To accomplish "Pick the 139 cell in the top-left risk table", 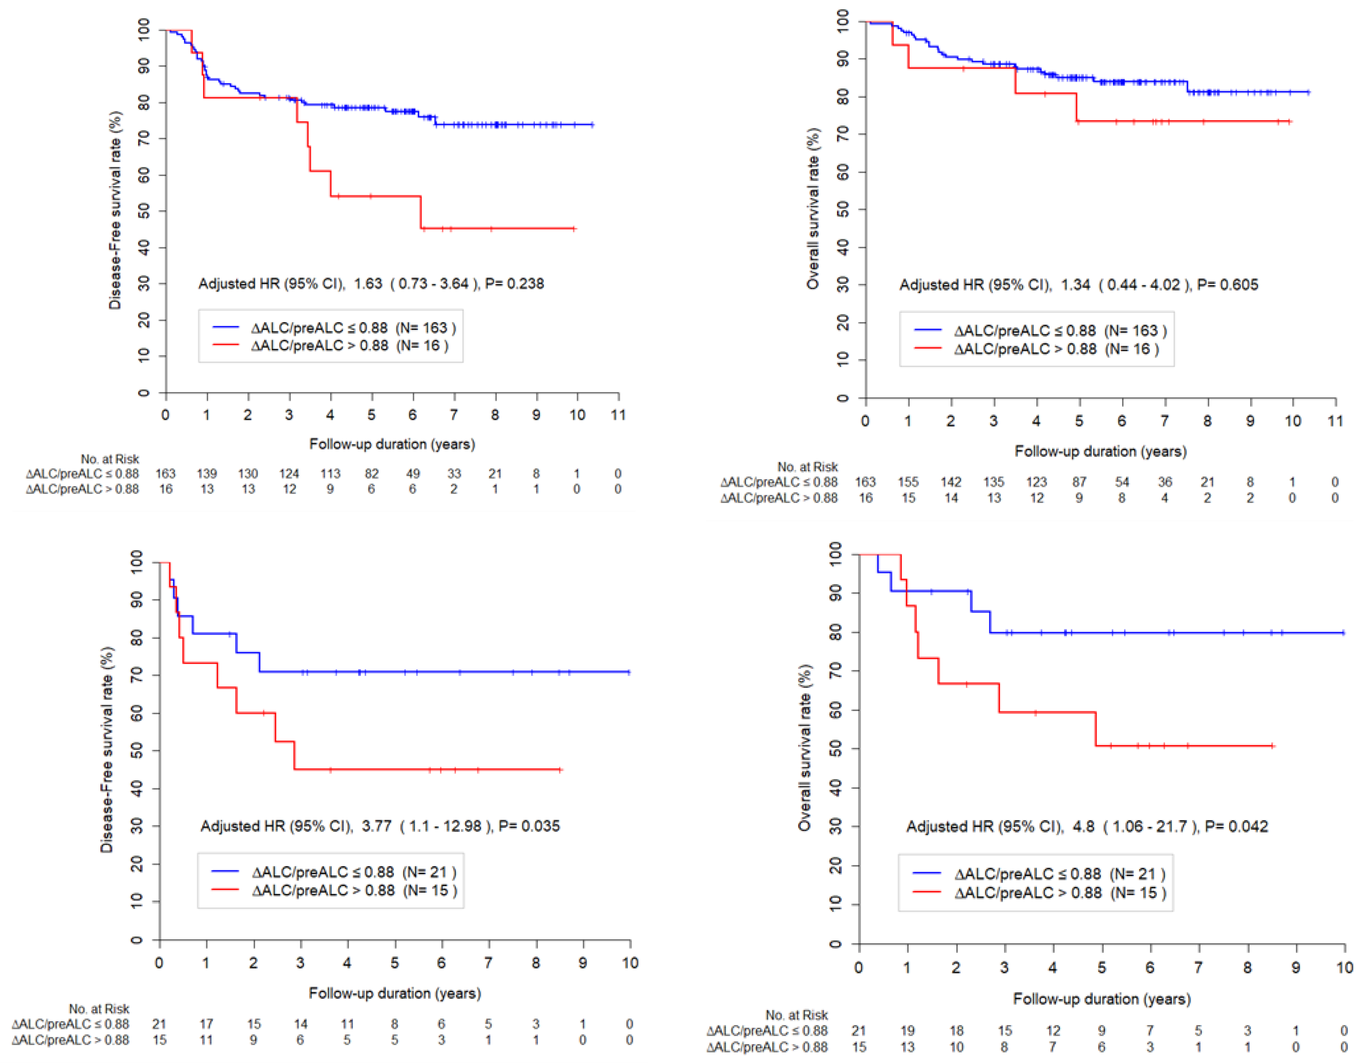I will [x=207, y=473].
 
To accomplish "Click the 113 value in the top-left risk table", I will [x=330, y=473].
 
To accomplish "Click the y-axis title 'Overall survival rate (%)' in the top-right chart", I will [x=813, y=209].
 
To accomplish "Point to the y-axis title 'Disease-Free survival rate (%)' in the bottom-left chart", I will [x=107, y=750].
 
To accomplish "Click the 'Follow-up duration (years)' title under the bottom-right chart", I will [x=1102, y=999].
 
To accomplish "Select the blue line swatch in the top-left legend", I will [x=225, y=327].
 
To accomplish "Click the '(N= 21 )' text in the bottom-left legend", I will [x=429, y=872].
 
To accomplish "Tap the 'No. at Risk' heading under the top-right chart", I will [x=808, y=467].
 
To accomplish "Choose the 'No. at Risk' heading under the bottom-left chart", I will [x=99, y=1009].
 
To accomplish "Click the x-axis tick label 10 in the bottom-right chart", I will [x=1344, y=968].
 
